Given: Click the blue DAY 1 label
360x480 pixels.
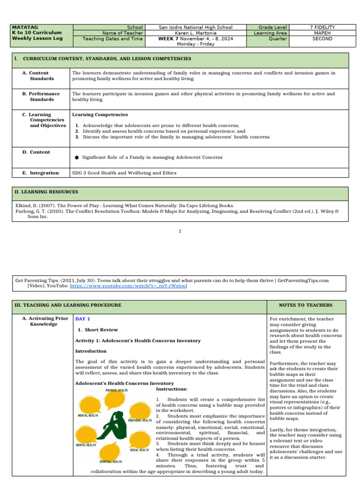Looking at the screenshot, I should [x=82, y=319].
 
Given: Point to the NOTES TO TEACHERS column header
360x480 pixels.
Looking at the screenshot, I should [x=306, y=305].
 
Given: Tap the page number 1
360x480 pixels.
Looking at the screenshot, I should [x=180, y=231].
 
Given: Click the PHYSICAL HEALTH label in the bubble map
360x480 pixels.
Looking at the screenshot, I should [x=116, y=390].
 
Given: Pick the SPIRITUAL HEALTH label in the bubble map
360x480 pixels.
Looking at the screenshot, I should [x=111, y=462].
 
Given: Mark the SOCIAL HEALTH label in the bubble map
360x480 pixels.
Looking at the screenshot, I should [x=139, y=450].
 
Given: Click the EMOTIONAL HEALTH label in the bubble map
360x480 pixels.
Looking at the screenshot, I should [x=140, y=420].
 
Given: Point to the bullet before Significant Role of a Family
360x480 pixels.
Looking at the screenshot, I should [x=76, y=157].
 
